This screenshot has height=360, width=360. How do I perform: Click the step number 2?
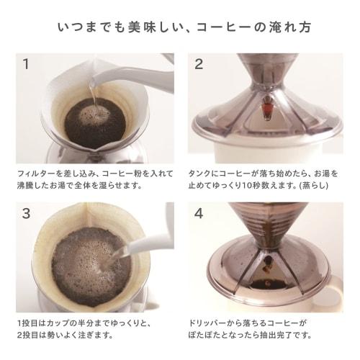click(199, 64)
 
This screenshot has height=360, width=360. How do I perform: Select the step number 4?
click(199, 214)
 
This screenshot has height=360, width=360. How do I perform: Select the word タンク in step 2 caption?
click(198, 174)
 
